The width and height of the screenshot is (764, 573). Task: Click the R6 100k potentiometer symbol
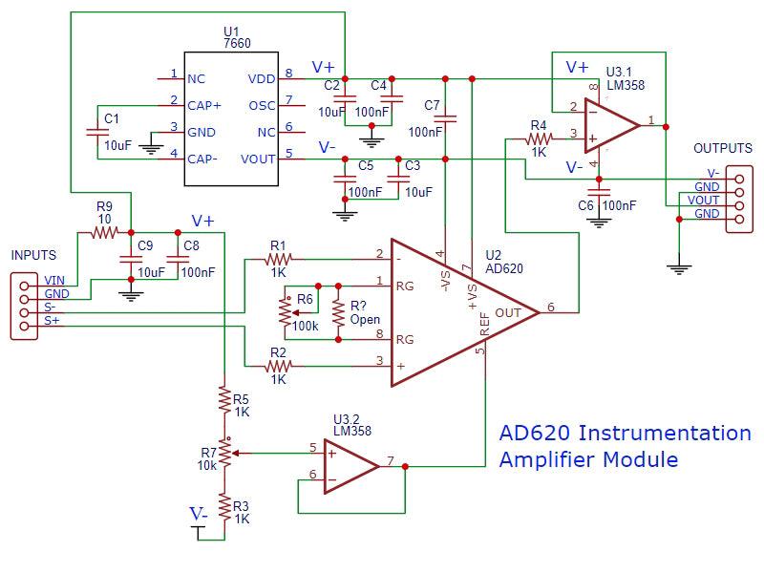[285, 311]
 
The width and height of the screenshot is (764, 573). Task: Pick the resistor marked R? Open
[337, 311]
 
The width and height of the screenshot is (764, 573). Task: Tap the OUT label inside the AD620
[508, 311]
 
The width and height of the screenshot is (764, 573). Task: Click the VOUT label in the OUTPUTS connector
[705, 201]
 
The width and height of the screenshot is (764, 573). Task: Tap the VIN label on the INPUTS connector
[54, 281]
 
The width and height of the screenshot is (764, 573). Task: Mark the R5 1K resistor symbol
[223, 397]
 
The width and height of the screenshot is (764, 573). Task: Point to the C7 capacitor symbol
[444, 118]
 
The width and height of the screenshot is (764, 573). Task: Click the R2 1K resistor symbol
[278, 365]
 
